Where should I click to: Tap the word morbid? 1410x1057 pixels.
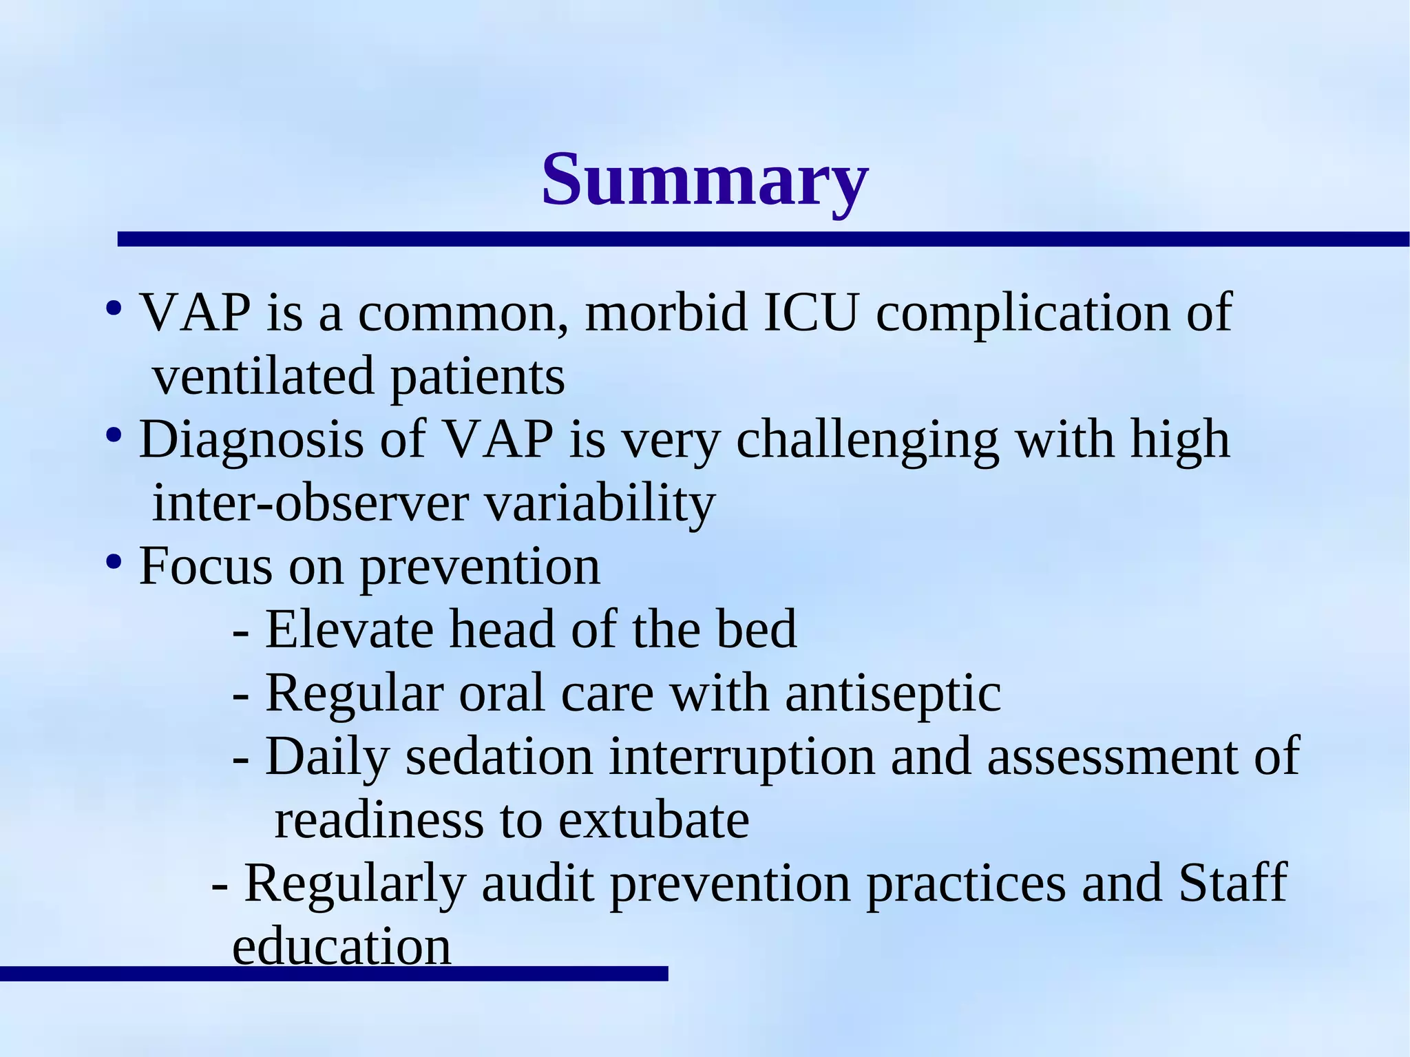(666, 313)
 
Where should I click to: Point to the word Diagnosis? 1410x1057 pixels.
(251, 441)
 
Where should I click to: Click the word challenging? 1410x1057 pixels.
(867, 441)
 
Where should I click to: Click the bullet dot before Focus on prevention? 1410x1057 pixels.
(114, 563)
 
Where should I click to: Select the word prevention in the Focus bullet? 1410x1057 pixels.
(479, 567)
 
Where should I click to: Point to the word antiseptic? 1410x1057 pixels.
(893, 693)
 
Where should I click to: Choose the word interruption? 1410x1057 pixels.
(742, 757)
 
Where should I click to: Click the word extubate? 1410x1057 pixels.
(653, 820)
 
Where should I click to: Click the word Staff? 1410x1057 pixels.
(1232, 883)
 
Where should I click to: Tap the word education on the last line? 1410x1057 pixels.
(341, 947)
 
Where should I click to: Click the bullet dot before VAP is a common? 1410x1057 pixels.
(114, 308)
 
